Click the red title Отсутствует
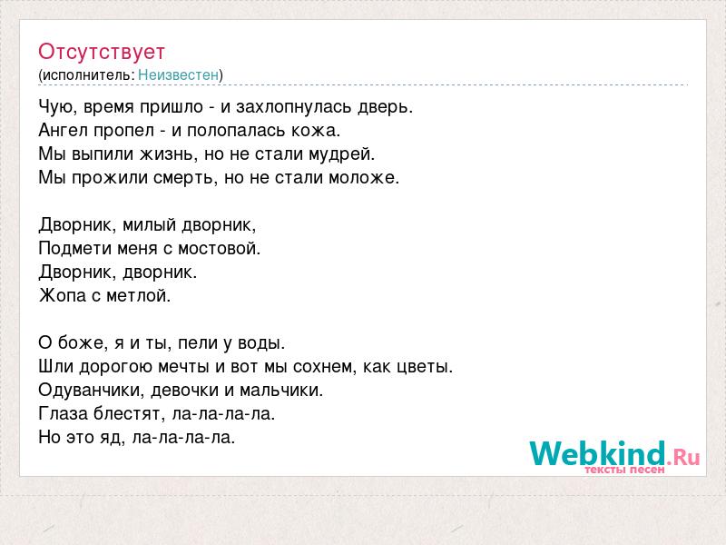[102, 52]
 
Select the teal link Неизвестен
[178, 74]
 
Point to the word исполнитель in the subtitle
[86, 75]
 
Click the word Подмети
[74, 248]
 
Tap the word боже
[80, 343]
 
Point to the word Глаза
[64, 413]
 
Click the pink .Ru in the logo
[683, 457]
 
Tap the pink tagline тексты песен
[624, 470]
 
